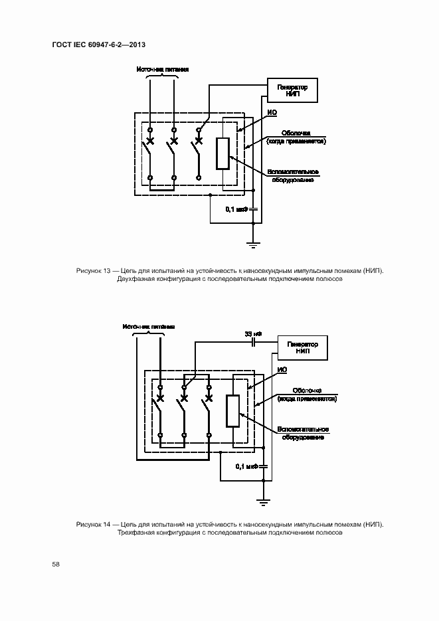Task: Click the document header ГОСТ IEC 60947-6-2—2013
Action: tap(98, 44)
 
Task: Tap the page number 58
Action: tap(56, 565)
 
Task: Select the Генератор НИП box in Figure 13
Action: tap(292, 90)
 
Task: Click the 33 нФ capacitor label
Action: tap(253, 333)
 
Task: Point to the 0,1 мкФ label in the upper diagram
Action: tap(236, 209)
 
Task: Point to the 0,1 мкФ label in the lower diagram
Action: tap(246, 467)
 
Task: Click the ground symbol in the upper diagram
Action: tap(253, 244)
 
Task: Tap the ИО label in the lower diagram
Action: tap(282, 369)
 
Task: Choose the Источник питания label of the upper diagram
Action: tap(163, 68)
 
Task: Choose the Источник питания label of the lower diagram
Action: tap(149, 327)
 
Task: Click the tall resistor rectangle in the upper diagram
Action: tap(223, 153)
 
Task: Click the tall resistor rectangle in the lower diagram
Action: tap(233, 411)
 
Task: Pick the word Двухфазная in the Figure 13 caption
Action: tap(135, 280)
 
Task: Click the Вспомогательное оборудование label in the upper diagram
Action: tap(293, 177)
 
